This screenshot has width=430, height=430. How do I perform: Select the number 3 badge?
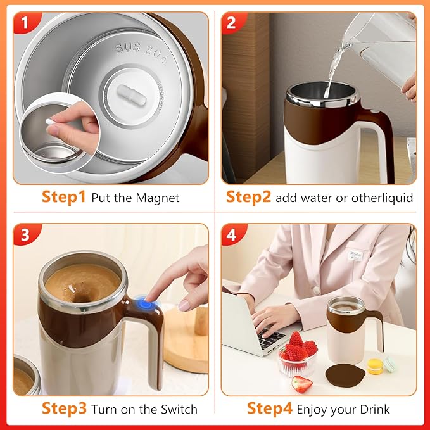click(x=25, y=236)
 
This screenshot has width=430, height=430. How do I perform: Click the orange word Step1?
click(x=63, y=198)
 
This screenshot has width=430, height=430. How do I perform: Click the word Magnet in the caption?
click(x=158, y=198)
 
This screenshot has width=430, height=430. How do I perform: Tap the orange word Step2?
click(x=249, y=198)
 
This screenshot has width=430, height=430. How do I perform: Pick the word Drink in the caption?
click(x=372, y=409)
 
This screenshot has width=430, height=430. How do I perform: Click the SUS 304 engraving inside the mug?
click(x=141, y=53)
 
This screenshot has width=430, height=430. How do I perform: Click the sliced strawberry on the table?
click(x=303, y=383)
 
